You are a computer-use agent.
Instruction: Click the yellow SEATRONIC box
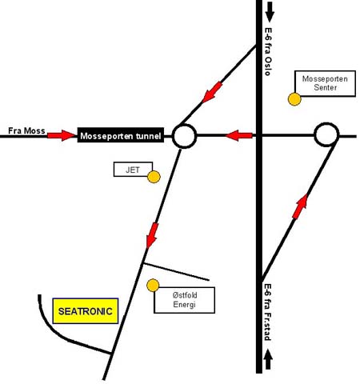[86, 311]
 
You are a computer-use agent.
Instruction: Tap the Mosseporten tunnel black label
[121, 135]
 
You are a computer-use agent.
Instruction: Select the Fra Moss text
[26, 130]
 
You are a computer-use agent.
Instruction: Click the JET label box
[133, 169]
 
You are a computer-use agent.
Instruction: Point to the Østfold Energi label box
[184, 300]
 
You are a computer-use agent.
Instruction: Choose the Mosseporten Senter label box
[325, 83]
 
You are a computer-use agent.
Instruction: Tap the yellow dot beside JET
[154, 177]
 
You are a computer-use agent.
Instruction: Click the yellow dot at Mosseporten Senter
[294, 99]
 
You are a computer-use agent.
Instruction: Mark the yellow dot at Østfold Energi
[153, 286]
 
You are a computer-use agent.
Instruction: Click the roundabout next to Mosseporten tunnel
[184, 125]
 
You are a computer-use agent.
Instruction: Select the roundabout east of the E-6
[326, 123]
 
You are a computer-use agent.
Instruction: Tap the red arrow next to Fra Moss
[62, 135]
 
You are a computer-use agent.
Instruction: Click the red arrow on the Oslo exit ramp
[212, 92]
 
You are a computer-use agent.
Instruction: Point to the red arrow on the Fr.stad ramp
[300, 206]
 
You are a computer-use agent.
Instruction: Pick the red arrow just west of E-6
[239, 135]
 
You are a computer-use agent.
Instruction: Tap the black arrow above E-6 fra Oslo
[270, 12]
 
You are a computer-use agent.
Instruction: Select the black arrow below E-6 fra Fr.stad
[268, 359]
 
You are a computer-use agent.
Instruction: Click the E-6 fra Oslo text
[268, 51]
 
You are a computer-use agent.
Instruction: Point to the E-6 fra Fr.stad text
[268, 312]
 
